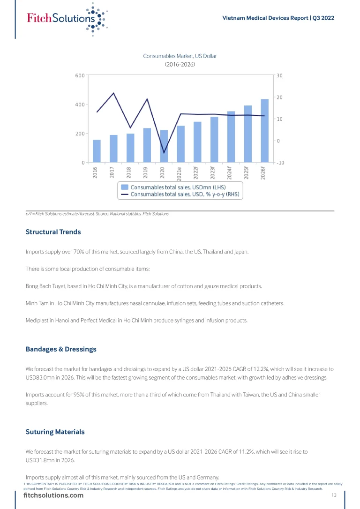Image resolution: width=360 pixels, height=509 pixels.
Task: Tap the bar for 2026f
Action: point(264,131)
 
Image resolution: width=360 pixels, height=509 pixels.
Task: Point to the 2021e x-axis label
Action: point(180,173)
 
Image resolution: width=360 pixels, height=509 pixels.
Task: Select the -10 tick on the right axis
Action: point(280,163)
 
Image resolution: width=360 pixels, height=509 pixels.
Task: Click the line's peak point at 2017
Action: point(113,93)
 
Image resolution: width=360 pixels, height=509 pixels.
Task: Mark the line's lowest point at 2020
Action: point(164,153)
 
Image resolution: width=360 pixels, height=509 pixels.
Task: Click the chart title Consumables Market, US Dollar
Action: point(180,56)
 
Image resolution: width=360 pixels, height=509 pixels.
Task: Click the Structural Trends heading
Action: point(53,232)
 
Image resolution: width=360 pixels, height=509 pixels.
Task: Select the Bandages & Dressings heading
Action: point(61,349)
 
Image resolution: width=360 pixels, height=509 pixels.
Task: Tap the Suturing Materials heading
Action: point(55,431)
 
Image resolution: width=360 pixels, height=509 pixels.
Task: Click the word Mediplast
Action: point(37,321)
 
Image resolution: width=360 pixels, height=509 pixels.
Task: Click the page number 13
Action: point(334,495)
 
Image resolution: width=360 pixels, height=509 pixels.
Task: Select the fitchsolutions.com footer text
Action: point(53,496)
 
